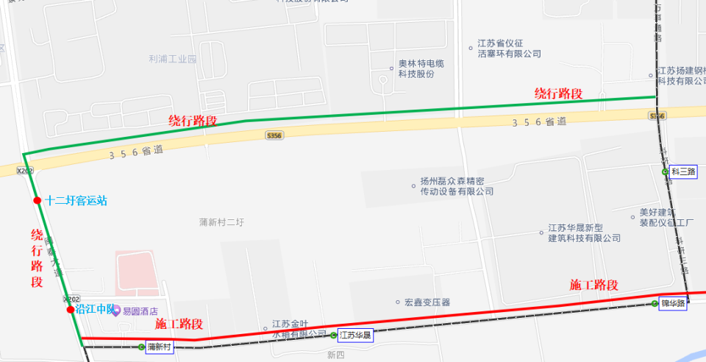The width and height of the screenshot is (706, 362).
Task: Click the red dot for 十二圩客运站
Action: coord(37,200)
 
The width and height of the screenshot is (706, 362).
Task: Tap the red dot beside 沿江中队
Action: coord(71,310)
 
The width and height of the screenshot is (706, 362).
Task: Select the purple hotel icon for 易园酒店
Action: coord(115,311)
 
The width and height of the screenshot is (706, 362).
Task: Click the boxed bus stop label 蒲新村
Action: coord(159,347)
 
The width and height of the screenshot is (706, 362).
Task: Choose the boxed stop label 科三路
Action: coord(683,171)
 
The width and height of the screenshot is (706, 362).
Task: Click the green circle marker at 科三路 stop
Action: coord(665,171)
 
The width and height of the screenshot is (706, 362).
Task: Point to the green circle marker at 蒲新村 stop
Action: coord(141,347)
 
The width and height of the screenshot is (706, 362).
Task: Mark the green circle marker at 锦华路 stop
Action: coord(655,303)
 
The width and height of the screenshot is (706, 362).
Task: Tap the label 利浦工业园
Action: coord(173,59)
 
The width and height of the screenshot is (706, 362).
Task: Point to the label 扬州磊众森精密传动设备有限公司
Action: coord(452,186)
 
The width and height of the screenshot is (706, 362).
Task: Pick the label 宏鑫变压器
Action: coord(427,302)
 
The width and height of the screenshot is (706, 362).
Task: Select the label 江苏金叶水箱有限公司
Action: coord(299,328)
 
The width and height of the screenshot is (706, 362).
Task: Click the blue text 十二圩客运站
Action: coord(76,200)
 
